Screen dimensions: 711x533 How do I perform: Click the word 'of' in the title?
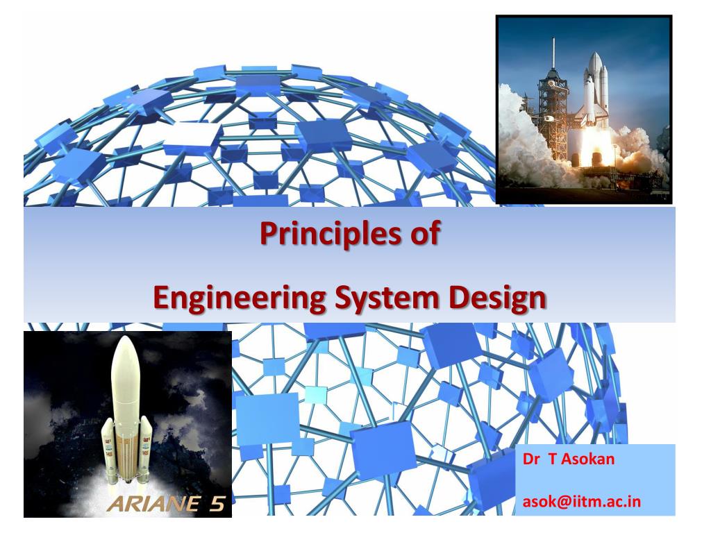(x=426, y=233)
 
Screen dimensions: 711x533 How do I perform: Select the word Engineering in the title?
(x=239, y=299)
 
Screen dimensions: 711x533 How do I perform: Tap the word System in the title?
(x=387, y=299)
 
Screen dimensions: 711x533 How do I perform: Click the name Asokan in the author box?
(x=588, y=459)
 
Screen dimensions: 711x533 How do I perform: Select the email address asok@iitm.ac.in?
(x=582, y=502)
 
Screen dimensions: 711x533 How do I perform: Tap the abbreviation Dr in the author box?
(x=530, y=459)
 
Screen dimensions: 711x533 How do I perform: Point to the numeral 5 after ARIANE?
(x=217, y=504)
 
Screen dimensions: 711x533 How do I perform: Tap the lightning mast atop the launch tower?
(x=553, y=52)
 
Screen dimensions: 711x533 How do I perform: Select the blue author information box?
(x=595, y=480)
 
